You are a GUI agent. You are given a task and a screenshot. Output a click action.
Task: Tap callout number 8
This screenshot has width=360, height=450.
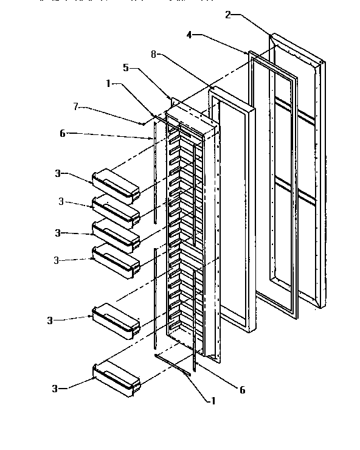(x=155, y=54)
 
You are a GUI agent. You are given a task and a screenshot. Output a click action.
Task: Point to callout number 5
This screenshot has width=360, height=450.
(x=126, y=67)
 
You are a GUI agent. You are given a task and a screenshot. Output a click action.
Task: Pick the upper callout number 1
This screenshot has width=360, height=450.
(x=109, y=85)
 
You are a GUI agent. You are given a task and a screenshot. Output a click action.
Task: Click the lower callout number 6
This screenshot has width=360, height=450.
(x=242, y=390)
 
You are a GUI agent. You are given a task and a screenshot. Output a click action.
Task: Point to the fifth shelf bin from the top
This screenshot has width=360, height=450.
(x=116, y=320)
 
